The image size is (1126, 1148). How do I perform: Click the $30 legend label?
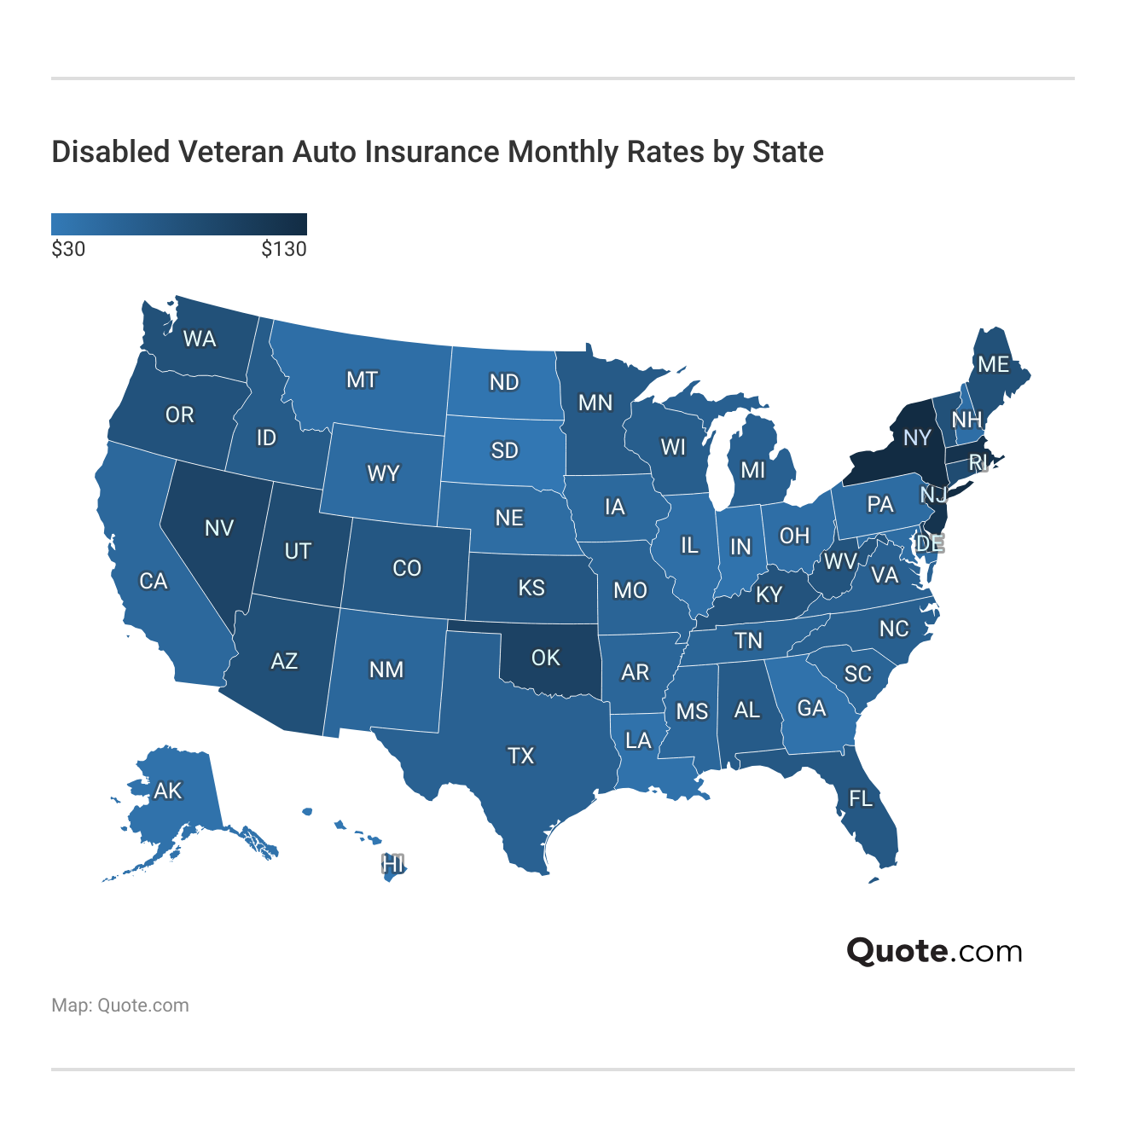68,249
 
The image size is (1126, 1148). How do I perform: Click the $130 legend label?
283,249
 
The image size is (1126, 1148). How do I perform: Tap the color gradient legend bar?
179,224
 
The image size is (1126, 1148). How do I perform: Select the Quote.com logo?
934,951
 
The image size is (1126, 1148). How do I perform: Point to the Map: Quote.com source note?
120,1006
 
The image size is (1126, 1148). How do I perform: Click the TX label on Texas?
520,756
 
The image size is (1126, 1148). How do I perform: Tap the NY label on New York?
917,438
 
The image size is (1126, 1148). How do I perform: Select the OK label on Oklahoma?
546,658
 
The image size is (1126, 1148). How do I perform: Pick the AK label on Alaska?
168,791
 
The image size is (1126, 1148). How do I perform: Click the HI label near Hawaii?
392,864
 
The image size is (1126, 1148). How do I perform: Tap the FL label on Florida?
861,798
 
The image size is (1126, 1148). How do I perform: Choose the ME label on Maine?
993,365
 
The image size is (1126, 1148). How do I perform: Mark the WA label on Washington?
200,339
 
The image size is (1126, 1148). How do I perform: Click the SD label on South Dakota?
504,450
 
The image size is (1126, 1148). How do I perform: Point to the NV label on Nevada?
219,528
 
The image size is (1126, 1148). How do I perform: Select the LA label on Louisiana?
638,740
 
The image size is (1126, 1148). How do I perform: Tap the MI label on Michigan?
753,470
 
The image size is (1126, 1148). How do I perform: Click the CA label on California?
154,581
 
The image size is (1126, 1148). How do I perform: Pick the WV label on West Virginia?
840,561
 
